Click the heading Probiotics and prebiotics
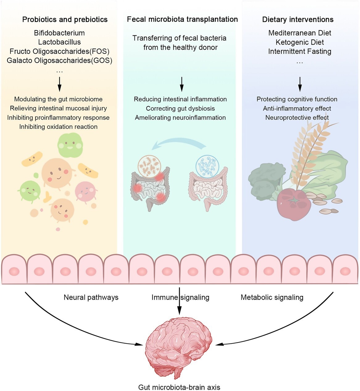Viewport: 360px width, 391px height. [x=65, y=19]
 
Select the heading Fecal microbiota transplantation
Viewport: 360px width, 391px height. [x=182, y=19]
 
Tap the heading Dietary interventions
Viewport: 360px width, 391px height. [x=298, y=19]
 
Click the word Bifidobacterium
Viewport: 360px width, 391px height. [x=59, y=33]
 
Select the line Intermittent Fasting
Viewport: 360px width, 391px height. [x=300, y=51]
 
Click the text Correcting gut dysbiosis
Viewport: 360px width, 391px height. [x=180, y=108]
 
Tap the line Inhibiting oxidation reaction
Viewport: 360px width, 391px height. [x=58, y=126]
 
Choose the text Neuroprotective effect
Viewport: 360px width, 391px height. [x=297, y=117]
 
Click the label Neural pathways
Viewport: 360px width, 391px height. [x=91, y=297]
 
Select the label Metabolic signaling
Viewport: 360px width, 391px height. [x=272, y=297]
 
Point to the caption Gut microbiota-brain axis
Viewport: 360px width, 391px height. [x=179, y=387]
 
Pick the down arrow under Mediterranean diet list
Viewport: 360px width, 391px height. [x=300, y=84]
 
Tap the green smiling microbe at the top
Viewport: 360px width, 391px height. [x=70, y=145]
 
